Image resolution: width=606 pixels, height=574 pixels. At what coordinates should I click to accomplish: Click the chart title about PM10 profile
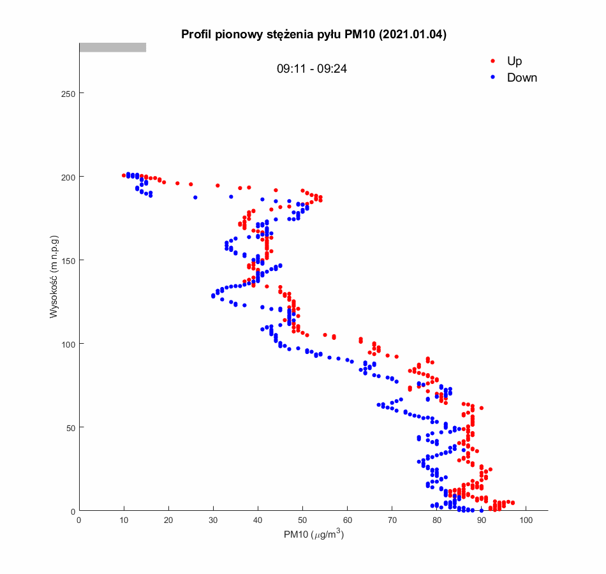tap(313, 34)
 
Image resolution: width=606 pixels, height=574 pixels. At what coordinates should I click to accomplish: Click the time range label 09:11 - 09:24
tap(311, 69)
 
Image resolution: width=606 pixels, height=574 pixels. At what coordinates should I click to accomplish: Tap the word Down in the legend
tap(522, 78)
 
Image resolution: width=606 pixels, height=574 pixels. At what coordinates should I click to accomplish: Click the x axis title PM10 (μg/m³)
tap(314, 535)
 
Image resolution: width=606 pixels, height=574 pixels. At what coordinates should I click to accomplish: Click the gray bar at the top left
tap(112, 47)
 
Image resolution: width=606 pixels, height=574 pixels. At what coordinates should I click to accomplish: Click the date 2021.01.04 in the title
tap(412, 34)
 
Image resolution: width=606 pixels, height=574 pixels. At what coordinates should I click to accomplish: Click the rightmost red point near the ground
tap(512, 503)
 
